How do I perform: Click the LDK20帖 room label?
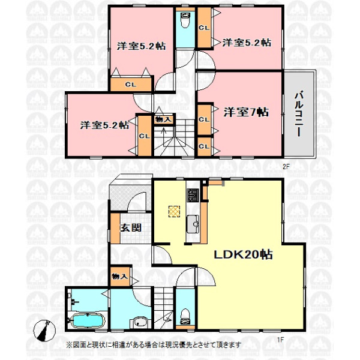click(x=244, y=254)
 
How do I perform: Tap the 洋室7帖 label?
click(x=246, y=112)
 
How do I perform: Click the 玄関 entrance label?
click(x=131, y=228)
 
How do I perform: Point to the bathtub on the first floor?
click(x=88, y=320)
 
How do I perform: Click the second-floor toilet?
click(x=185, y=20)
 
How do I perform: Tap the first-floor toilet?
click(x=185, y=317)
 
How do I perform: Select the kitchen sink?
click(x=193, y=224)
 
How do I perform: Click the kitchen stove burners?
click(x=193, y=195)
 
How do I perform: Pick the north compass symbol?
click(x=44, y=331)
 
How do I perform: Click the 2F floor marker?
click(x=286, y=167)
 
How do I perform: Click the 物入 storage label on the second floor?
click(x=163, y=119)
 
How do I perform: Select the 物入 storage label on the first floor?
click(x=119, y=276)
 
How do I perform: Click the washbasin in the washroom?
click(x=140, y=322)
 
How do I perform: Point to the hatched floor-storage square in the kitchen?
click(x=174, y=211)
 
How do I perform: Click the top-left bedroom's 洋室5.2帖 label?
click(x=141, y=46)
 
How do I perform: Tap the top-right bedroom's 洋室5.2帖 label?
click(x=247, y=43)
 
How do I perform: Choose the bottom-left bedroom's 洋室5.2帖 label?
click(x=104, y=125)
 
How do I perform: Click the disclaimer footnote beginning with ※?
click(x=154, y=344)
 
